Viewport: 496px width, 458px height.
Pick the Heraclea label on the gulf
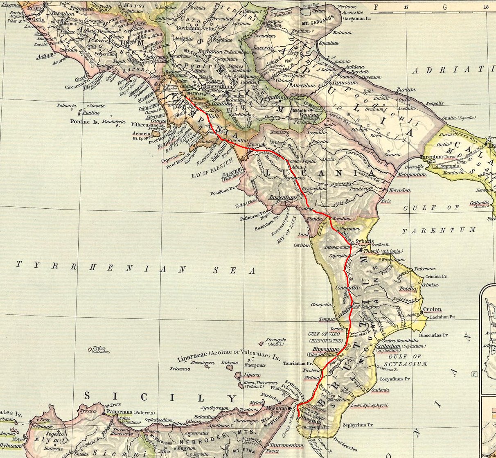pyautogui.click(x=399, y=190)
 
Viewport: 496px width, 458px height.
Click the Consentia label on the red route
pyautogui.click(x=347, y=288)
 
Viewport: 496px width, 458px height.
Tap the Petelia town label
pyautogui.click(x=408, y=289)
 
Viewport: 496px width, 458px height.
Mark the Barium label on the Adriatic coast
pyautogui.click(x=406, y=89)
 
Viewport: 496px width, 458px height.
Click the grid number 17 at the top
pyautogui.click(x=406, y=7)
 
